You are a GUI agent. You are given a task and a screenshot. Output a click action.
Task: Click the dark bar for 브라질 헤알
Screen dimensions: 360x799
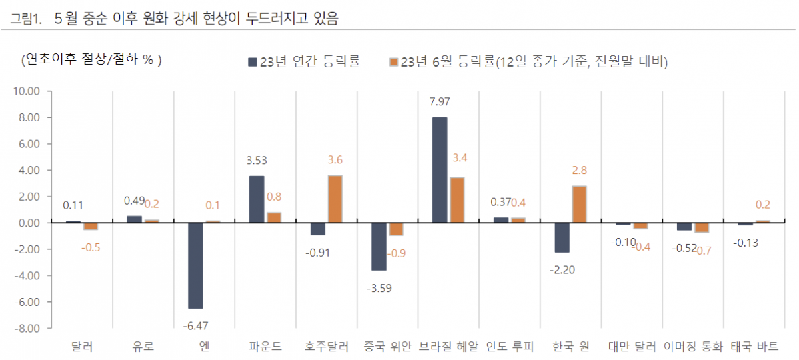[x=440, y=170]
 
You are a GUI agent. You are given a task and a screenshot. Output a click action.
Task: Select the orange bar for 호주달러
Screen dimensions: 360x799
[x=335, y=199]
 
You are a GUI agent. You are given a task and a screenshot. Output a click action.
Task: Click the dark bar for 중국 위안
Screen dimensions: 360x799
[x=379, y=247]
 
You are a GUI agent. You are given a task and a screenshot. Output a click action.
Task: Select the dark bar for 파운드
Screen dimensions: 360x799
[x=257, y=199]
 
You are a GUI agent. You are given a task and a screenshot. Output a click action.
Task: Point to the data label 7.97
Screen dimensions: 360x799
[x=440, y=102]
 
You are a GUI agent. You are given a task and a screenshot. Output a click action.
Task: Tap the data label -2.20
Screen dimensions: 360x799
[x=562, y=269]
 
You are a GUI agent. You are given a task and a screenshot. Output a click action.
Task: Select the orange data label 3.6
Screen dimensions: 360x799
[x=335, y=160]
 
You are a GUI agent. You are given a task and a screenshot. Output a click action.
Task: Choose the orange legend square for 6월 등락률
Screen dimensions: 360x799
[x=393, y=62]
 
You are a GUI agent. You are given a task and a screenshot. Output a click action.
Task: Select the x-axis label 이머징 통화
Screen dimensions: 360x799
[x=693, y=347]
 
